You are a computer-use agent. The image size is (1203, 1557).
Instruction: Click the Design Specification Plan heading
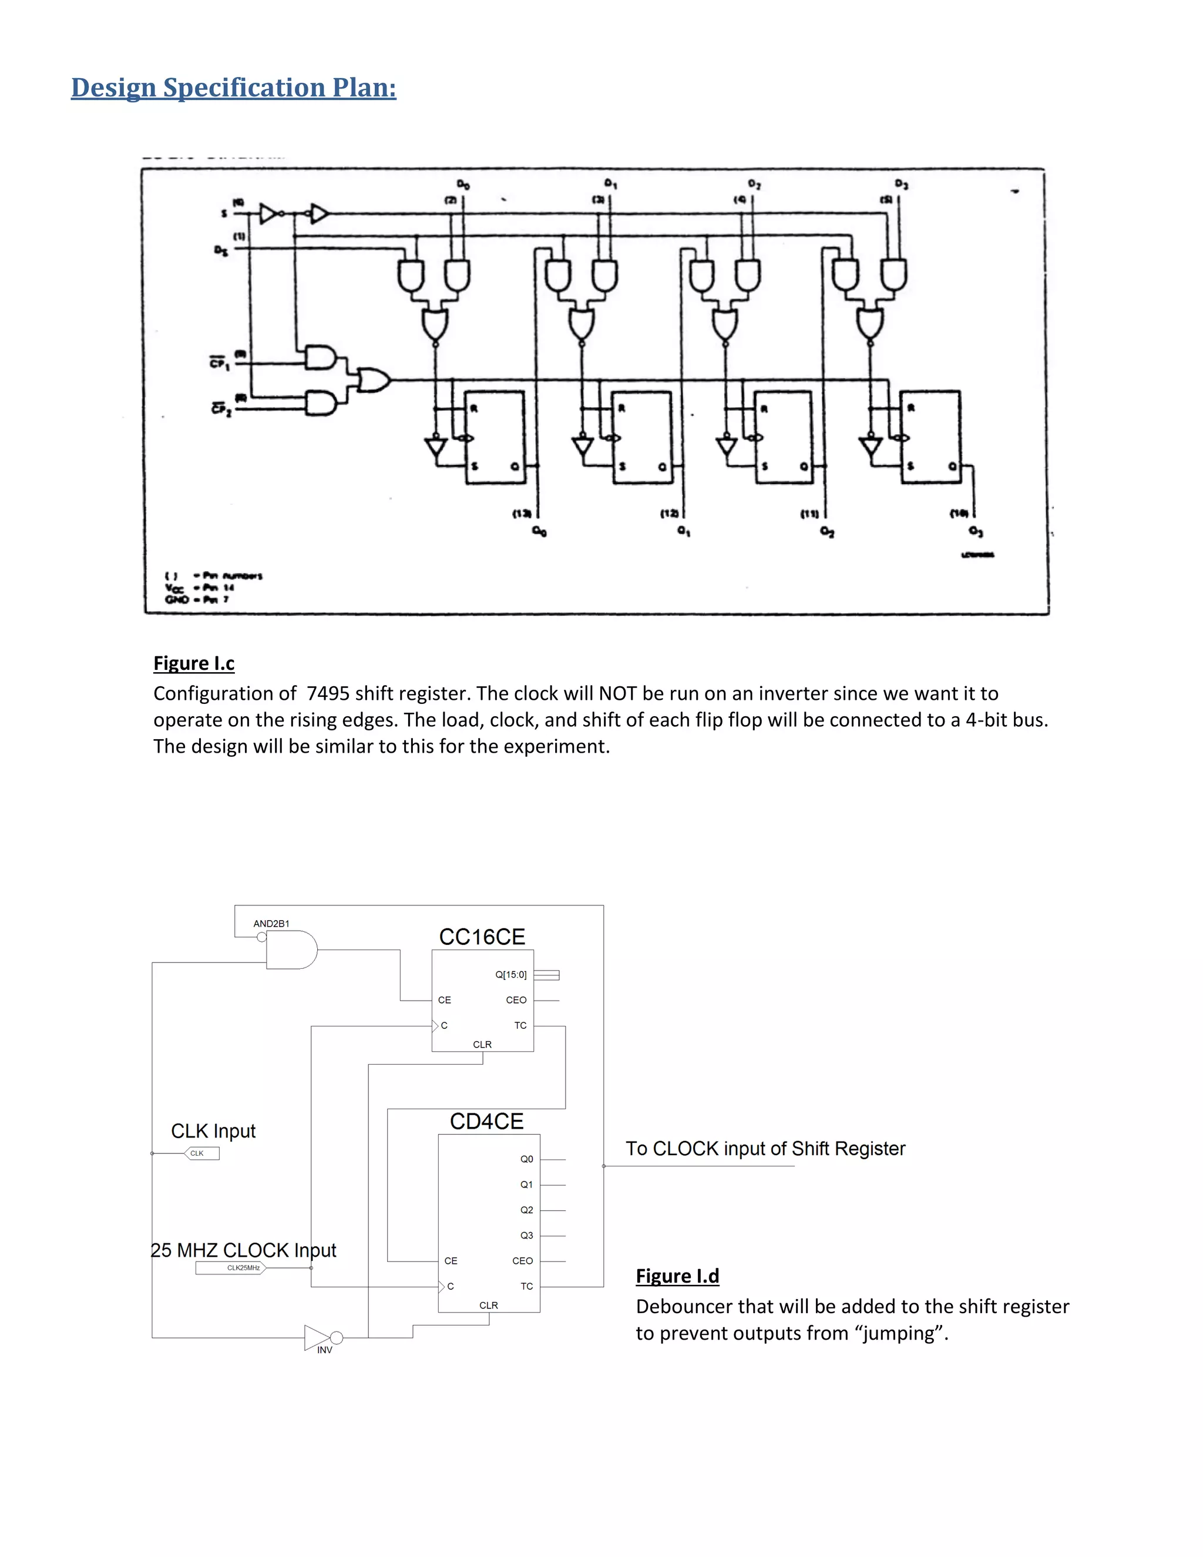[x=233, y=88]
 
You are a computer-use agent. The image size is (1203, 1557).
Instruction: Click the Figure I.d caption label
[x=677, y=1276]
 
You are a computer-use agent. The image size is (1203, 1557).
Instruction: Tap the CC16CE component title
[x=482, y=937]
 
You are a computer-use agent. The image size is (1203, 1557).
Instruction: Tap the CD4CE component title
[x=487, y=1122]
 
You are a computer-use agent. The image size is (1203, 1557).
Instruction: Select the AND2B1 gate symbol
[x=291, y=949]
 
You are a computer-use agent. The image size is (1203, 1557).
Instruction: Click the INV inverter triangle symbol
[x=318, y=1337]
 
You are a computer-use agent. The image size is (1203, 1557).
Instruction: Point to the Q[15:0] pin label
[x=511, y=975]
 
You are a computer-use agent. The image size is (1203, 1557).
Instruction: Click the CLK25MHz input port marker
[x=230, y=1267]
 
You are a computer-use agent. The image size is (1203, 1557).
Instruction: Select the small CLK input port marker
[x=201, y=1153]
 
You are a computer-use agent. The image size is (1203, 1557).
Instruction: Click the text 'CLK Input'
[x=213, y=1132]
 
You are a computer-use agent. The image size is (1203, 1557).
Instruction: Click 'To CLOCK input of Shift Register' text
[x=765, y=1149]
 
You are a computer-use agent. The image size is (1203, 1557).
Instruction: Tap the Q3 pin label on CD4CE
[x=527, y=1236]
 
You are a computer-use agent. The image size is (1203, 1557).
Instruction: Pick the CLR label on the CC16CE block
[x=482, y=1045]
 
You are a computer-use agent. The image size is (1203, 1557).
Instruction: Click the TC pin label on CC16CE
[x=521, y=1025]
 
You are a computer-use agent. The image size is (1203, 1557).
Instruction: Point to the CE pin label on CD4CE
[x=451, y=1260]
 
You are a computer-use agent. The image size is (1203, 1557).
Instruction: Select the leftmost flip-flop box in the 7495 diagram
[x=495, y=437]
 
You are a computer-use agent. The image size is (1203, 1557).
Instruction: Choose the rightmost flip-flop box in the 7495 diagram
[x=930, y=437]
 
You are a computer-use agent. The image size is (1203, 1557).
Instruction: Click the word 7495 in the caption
[x=328, y=694]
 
